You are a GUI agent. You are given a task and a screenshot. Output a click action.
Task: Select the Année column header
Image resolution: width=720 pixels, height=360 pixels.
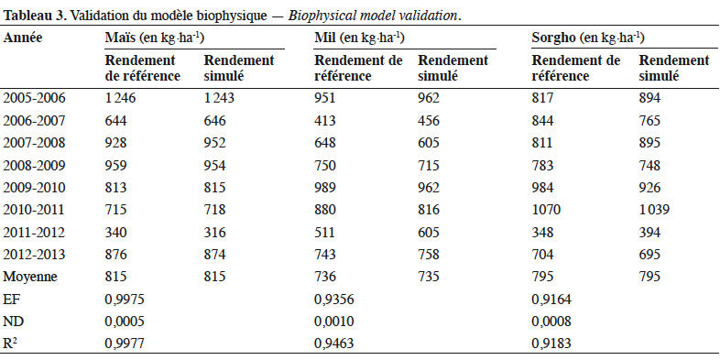pyautogui.click(x=23, y=38)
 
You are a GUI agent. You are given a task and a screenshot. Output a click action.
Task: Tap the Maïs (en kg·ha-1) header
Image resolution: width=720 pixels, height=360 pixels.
pyautogui.click(x=154, y=38)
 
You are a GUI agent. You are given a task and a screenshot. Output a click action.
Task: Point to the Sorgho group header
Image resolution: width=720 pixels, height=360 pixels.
pyautogui.click(x=588, y=38)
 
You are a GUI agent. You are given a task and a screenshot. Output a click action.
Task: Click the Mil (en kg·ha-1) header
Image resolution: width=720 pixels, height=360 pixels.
pyautogui.click(x=359, y=38)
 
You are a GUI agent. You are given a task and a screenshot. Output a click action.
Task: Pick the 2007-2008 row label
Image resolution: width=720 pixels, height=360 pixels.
pyautogui.click(x=35, y=142)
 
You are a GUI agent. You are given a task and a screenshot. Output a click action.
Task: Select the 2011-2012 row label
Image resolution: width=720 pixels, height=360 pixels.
pyautogui.click(x=35, y=233)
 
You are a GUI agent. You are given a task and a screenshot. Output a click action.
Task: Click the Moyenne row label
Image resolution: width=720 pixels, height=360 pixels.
pyautogui.click(x=30, y=277)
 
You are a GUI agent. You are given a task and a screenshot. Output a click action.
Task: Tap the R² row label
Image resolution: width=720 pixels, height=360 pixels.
pyautogui.click(x=10, y=344)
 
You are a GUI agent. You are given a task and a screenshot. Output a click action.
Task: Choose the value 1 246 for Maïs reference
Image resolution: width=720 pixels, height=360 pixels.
pyautogui.click(x=120, y=98)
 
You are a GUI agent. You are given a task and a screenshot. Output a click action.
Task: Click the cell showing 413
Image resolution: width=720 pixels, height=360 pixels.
pyautogui.click(x=325, y=120)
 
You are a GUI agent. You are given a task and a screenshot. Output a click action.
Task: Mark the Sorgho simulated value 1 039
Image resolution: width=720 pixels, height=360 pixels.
pyautogui.click(x=654, y=210)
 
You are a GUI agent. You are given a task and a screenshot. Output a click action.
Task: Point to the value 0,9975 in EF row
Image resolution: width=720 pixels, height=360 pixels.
pyautogui.click(x=125, y=300)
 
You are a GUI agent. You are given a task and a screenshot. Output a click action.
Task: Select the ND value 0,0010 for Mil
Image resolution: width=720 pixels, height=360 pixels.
pyautogui.click(x=334, y=322)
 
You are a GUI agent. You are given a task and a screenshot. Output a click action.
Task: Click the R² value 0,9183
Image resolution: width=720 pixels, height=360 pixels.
pyautogui.click(x=551, y=344)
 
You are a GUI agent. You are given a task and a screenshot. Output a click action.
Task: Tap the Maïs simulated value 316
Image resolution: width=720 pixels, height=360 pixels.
pyautogui.click(x=215, y=233)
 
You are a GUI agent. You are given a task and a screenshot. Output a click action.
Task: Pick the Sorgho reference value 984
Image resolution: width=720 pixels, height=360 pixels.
pyautogui.click(x=543, y=188)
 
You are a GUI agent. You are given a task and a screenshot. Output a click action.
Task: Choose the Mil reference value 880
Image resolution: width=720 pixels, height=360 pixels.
pyautogui.click(x=325, y=210)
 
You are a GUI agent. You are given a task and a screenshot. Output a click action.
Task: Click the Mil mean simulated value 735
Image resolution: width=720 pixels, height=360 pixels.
pyautogui.click(x=429, y=277)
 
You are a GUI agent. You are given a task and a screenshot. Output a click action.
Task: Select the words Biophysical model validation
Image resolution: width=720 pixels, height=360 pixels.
pyautogui.click(x=373, y=16)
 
